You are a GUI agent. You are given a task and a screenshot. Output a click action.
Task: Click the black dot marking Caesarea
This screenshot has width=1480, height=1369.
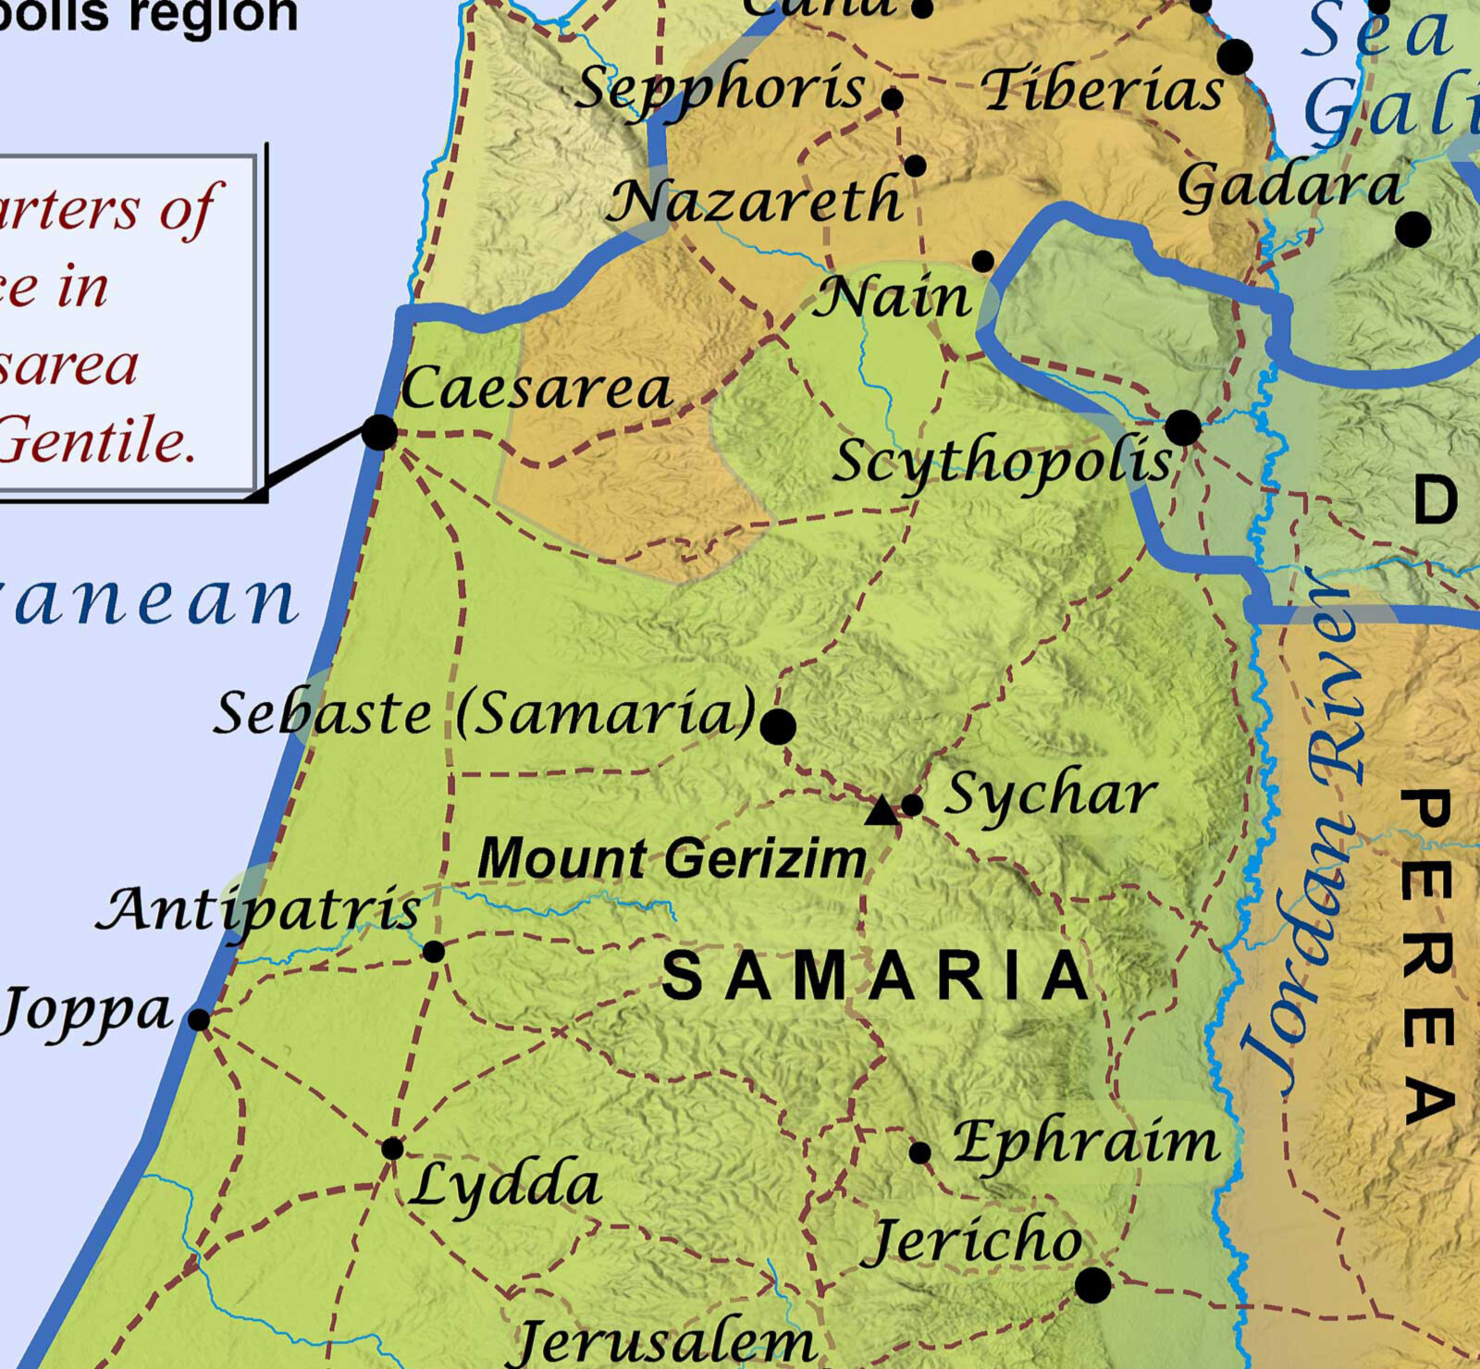379,432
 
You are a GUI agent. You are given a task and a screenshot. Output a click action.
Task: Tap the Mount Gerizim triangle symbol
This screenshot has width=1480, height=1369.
882,811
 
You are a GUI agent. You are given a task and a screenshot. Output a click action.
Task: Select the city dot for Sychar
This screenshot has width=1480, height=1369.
911,805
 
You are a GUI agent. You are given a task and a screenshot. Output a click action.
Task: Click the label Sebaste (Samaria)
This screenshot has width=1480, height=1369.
486,714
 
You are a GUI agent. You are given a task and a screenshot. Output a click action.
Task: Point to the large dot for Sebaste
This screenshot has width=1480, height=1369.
778,727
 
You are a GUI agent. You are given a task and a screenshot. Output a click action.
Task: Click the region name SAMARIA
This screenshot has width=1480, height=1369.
876,977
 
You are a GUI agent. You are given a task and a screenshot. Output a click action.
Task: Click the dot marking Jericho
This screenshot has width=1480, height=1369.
1092,1285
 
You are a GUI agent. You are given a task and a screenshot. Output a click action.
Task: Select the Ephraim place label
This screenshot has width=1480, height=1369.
1086,1143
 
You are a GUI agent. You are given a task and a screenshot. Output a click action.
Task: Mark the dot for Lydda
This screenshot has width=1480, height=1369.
392,1149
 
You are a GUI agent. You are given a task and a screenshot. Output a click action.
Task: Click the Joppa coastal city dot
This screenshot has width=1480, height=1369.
199,1019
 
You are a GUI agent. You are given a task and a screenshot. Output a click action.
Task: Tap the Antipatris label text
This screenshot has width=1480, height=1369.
259,910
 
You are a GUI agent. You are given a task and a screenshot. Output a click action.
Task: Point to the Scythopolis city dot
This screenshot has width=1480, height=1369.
1183,428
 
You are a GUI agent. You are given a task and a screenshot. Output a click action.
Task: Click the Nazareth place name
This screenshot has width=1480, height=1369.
754,202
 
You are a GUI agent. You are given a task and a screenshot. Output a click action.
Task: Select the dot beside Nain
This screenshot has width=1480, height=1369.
983,261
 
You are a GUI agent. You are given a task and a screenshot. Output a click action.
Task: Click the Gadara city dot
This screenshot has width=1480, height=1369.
1412,228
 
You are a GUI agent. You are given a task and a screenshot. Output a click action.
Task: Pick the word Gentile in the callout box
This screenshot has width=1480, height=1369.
97,441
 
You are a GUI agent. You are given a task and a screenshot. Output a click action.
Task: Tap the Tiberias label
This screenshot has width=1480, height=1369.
1101,91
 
